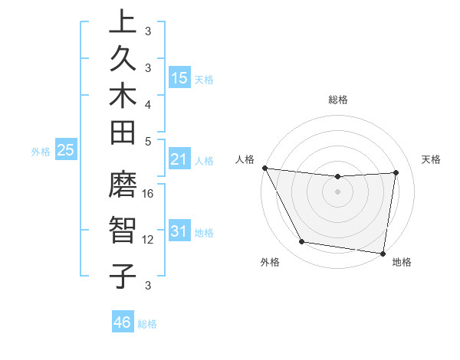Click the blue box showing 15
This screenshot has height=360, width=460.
[179, 77]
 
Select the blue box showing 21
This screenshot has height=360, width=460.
[179, 159]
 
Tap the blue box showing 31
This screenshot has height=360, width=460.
[179, 231]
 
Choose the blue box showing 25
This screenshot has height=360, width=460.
[66, 150]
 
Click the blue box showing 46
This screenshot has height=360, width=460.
[123, 322]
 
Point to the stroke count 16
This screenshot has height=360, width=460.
[148, 194]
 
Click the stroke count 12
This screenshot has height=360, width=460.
[148, 240]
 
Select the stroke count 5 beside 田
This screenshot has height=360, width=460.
[148, 141]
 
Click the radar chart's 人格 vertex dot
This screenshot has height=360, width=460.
[265, 168]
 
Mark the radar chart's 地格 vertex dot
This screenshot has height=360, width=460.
[383, 253]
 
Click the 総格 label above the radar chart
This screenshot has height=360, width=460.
[338, 100]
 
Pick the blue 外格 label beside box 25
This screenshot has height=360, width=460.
[41, 152]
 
